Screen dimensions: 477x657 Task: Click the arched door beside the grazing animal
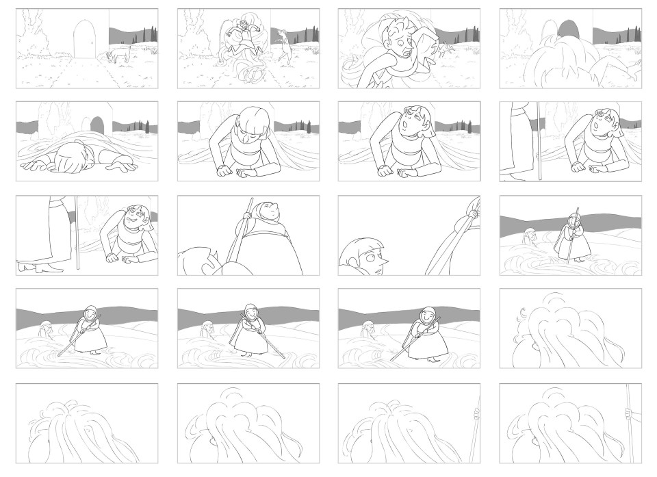[x=83, y=39]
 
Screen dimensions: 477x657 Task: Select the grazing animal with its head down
[x=120, y=54]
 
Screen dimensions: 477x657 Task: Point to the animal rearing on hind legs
[x=284, y=44]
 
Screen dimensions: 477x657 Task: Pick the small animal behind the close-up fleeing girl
[x=446, y=49]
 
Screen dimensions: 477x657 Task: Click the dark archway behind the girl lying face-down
[x=97, y=125]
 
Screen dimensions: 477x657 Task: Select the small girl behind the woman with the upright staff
[x=528, y=237]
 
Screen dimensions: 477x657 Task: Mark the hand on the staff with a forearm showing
[x=628, y=413]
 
